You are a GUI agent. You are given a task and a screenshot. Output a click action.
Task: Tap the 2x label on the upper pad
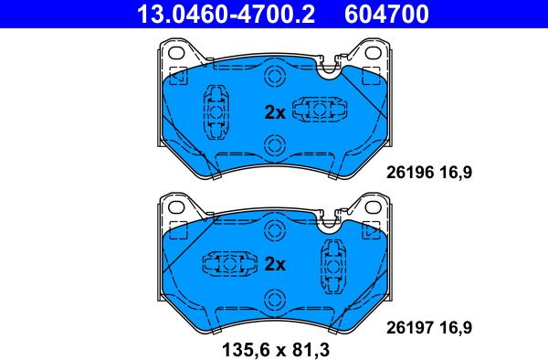[275, 112]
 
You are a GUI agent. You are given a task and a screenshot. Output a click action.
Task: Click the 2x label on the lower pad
[275, 265]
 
